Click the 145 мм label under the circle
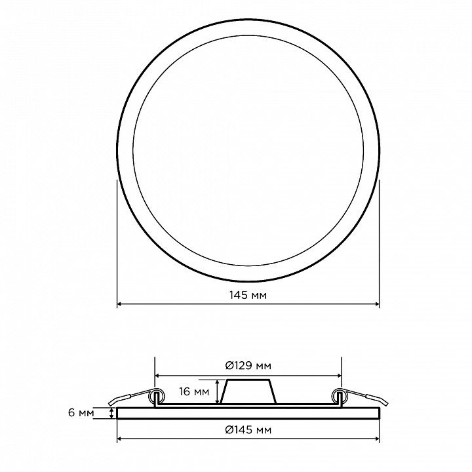(x=248, y=295)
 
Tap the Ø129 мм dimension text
(x=248, y=365)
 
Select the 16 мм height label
(x=194, y=391)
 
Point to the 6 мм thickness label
(x=81, y=413)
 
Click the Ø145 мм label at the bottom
(x=248, y=430)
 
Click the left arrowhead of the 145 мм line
(x=119, y=304)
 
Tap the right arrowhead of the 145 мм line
(x=377, y=304)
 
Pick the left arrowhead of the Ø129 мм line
(x=157, y=376)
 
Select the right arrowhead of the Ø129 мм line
(x=340, y=376)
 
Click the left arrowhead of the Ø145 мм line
(x=119, y=439)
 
